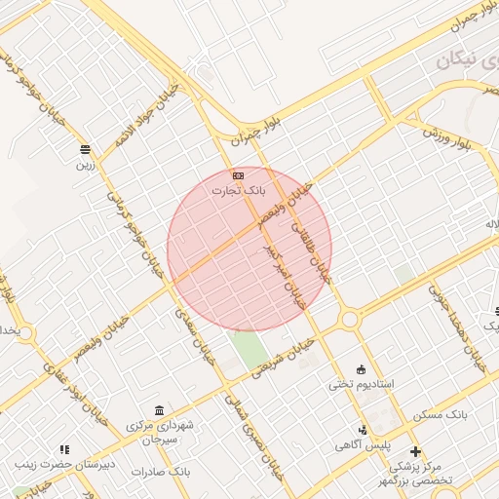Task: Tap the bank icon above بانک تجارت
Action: point(239,174)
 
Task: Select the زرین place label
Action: point(87,165)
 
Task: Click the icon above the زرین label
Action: point(87,150)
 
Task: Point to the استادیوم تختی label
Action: point(362,384)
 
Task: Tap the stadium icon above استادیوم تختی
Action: point(363,369)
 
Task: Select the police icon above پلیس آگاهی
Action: point(364,430)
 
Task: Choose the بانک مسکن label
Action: point(440,414)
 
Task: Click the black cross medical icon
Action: point(416,451)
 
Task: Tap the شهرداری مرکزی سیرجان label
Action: point(161,433)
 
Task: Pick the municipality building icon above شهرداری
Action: point(159,410)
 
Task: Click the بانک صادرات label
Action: point(161,472)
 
